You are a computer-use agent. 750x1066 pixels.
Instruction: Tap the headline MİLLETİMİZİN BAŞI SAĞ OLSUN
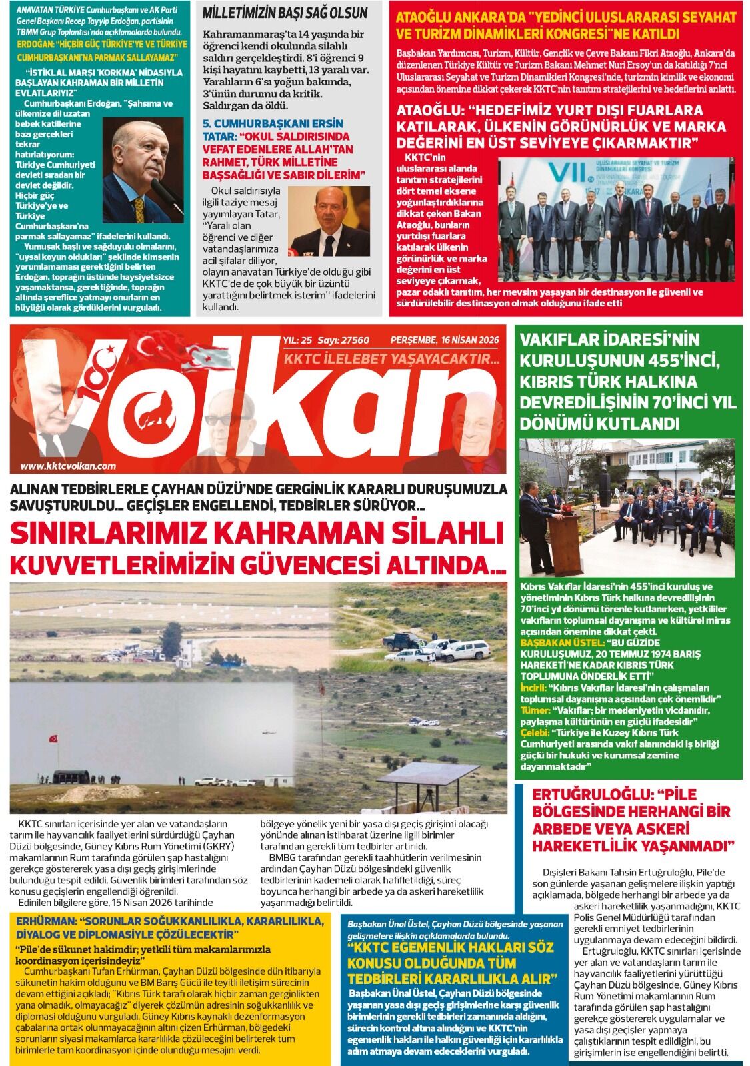pos(285,13)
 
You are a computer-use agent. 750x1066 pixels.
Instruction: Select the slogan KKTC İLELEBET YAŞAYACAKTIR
pos(392,359)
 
